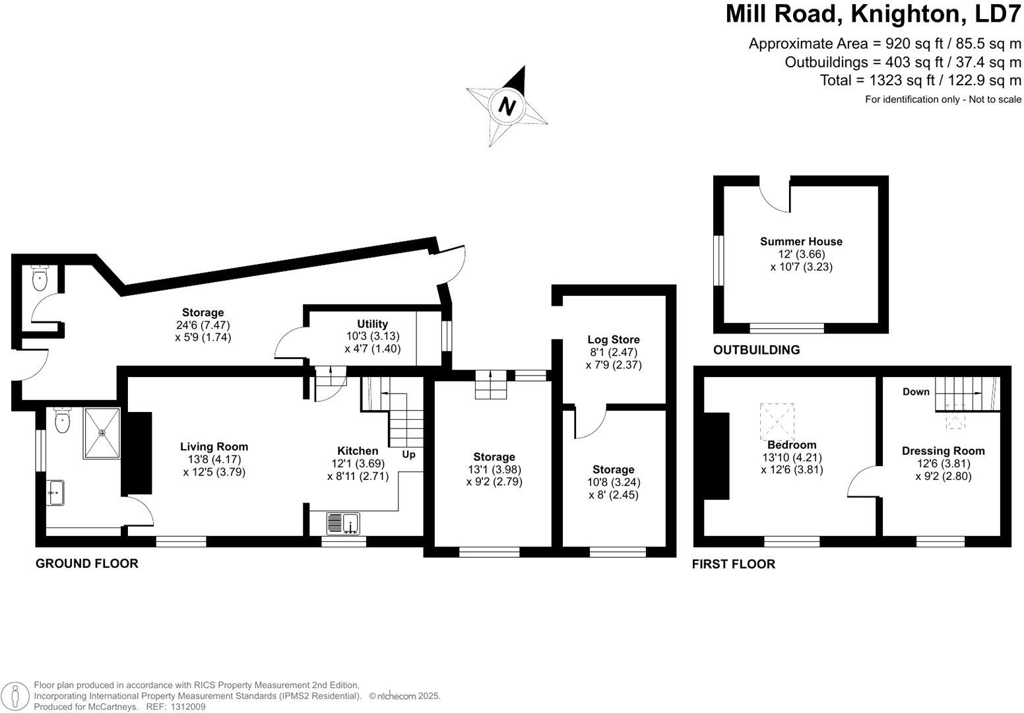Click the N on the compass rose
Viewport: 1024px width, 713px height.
point(507,106)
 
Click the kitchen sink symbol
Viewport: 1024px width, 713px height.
point(342,524)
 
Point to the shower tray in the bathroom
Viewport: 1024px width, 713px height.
point(102,433)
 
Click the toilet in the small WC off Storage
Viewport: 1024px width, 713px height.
point(41,278)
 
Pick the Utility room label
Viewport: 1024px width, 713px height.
point(372,324)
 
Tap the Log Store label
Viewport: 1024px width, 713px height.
point(613,340)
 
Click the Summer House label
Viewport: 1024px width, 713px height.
point(801,242)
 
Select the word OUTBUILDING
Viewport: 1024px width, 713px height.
point(756,350)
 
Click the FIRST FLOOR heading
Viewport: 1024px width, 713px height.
point(733,564)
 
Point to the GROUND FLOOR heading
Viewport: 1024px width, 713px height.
point(86,564)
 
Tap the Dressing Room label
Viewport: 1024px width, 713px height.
point(943,451)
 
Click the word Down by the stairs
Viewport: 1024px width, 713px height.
point(916,392)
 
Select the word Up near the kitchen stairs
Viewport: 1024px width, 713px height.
point(408,455)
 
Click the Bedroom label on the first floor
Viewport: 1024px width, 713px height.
point(792,445)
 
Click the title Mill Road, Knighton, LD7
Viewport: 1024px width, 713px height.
point(873,14)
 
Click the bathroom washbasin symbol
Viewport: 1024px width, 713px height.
point(56,492)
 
